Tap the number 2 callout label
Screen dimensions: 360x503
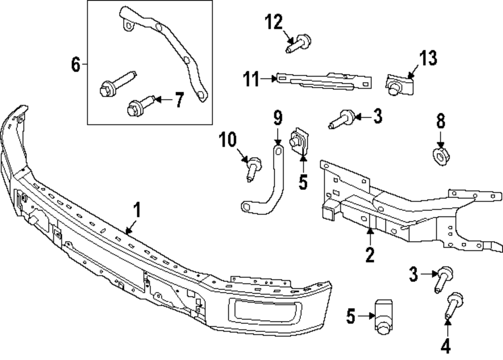[370, 255]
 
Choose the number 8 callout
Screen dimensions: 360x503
[441, 121]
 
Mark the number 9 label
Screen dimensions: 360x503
[278, 119]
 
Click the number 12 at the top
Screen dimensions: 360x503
[275, 22]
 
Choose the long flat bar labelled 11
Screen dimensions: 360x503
[324, 80]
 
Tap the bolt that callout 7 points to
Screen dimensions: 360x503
[139, 107]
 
